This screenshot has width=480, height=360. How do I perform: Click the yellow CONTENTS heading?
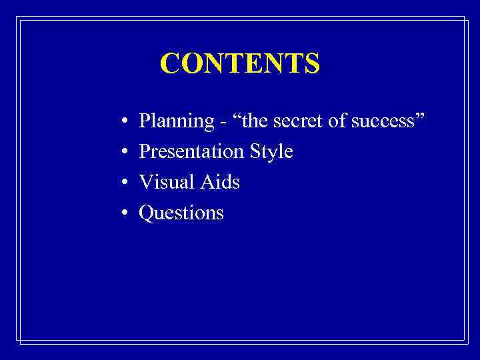coord(240,64)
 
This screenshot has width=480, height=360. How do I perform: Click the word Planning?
coord(171,122)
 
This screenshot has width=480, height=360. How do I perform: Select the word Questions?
coord(181,213)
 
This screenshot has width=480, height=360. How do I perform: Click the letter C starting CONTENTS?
coord(170,64)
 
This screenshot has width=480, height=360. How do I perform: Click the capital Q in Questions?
coord(145,213)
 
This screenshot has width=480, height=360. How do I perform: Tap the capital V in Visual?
coord(145,182)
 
